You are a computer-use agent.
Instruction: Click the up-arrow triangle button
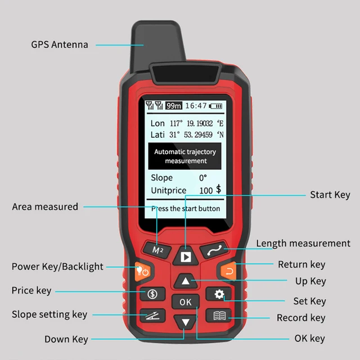185,281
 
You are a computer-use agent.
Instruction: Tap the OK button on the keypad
185,302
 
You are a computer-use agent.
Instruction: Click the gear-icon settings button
218,294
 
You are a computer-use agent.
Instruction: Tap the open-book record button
218,316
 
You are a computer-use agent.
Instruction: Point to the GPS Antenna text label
60,44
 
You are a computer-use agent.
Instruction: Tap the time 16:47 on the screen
196,106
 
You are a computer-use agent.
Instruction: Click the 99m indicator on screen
174,106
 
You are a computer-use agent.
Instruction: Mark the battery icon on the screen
217,106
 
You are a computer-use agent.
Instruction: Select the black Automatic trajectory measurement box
185,156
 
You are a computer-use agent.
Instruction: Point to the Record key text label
301,318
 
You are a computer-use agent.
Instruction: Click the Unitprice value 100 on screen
206,191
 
